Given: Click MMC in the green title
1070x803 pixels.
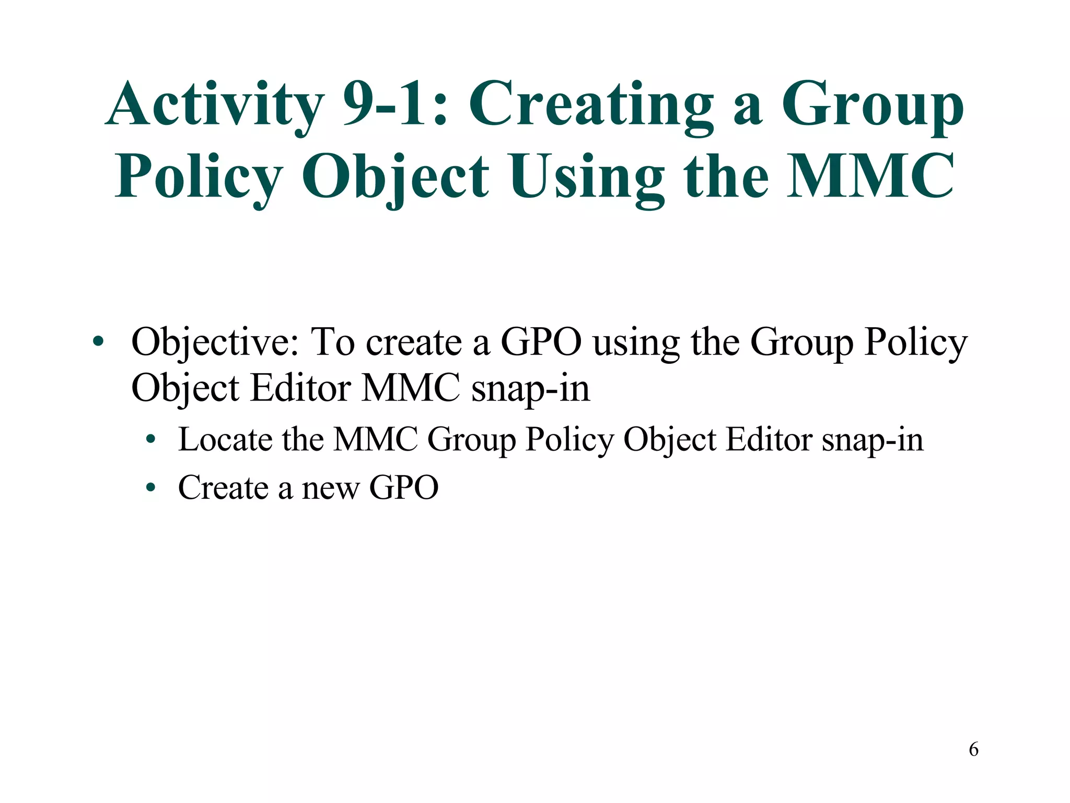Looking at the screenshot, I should point(870,177).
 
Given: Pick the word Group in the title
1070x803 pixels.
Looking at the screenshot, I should point(872,105).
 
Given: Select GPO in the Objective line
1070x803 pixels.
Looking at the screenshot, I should point(541,343).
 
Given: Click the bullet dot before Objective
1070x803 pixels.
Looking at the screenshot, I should point(98,343).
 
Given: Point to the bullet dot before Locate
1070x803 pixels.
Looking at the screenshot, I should point(151,440).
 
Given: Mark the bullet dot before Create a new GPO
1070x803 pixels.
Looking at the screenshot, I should point(151,488).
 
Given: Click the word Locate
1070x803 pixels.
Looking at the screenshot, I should point(225,440).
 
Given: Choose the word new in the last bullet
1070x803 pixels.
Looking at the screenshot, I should point(330,488).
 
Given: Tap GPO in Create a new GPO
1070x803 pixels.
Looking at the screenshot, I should point(404,488).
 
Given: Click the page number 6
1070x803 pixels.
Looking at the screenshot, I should point(973,750).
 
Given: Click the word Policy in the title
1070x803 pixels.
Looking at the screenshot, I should point(199,177).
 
